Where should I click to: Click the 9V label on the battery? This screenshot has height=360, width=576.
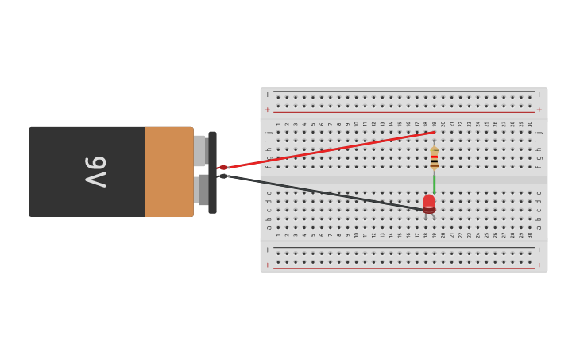[x=95, y=172]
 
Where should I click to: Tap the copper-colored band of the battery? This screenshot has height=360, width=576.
[x=168, y=172]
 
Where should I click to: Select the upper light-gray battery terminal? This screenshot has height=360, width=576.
[x=199, y=150]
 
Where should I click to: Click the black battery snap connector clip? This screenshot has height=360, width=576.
[x=212, y=172]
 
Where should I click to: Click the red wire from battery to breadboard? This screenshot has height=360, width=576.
[x=326, y=150]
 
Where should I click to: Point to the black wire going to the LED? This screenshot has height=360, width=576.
[x=326, y=193]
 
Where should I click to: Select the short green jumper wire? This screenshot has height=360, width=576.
[x=434, y=181]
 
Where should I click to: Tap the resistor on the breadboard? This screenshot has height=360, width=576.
[x=434, y=157]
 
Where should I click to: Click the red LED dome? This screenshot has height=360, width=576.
[x=429, y=202]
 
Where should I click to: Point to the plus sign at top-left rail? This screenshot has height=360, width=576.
[x=268, y=110]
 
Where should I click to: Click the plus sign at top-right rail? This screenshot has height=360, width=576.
[x=539, y=110]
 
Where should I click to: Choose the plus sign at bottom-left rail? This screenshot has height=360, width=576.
[x=268, y=265]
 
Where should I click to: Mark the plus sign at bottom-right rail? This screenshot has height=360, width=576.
[x=539, y=265]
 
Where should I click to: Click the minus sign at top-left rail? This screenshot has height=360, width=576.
[x=268, y=95]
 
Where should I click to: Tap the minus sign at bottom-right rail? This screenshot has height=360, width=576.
[x=539, y=250]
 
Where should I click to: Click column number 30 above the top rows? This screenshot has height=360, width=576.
[x=530, y=124]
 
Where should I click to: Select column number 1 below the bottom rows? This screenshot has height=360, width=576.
[x=277, y=235]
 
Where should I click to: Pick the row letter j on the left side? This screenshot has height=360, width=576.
[x=269, y=132]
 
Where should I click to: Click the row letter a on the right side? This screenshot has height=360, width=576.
[x=539, y=227]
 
